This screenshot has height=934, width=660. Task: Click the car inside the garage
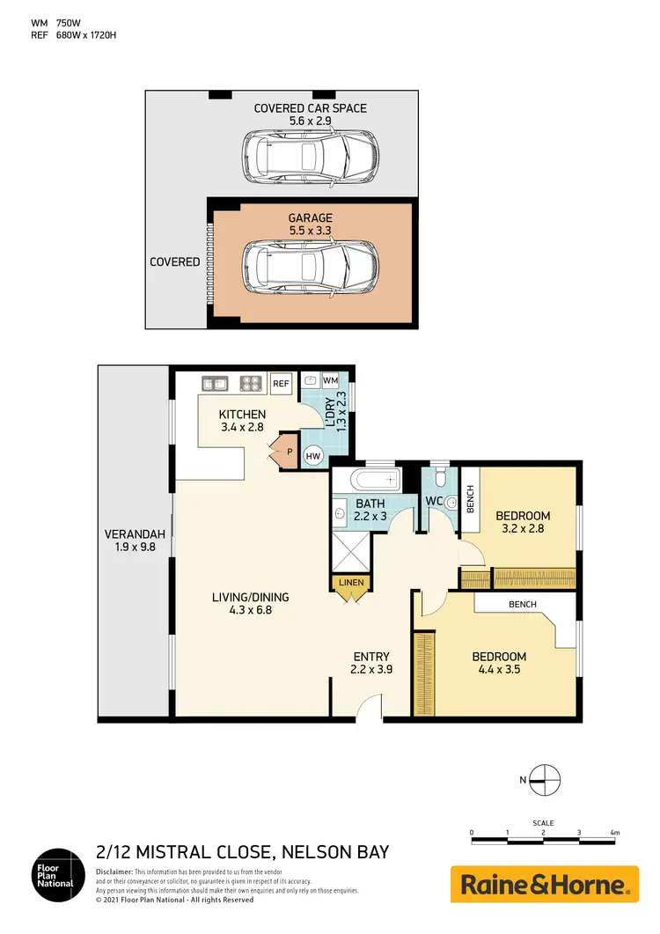click(x=312, y=268)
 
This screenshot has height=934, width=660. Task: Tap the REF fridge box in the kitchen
click(x=281, y=384)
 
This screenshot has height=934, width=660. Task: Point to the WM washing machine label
click(x=330, y=380)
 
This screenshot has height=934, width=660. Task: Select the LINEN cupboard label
click(x=351, y=583)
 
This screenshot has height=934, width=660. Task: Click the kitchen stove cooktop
click(x=251, y=383)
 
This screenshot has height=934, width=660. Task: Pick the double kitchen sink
click(x=215, y=383)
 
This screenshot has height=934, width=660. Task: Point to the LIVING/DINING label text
click(x=250, y=597)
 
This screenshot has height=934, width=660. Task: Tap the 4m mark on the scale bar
click(x=614, y=832)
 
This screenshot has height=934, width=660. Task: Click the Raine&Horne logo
click(x=544, y=884)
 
